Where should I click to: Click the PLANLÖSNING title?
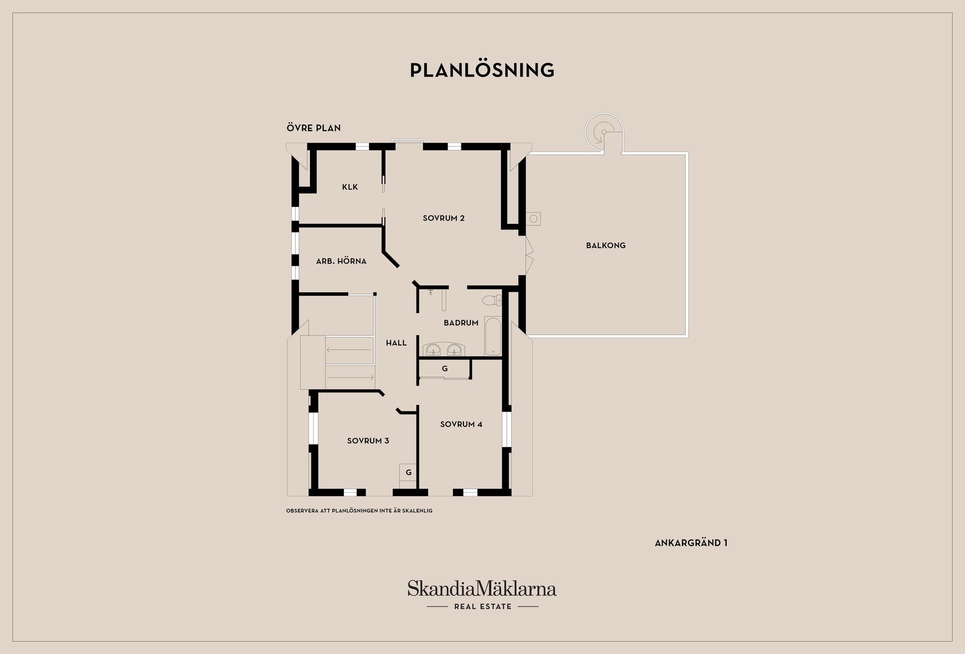(x=482, y=70)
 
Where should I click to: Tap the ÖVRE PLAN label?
(x=314, y=128)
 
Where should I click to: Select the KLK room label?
(x=350, y=187)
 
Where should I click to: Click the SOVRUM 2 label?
(x=443, y=218)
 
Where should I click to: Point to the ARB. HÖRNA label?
(x=341, y=261)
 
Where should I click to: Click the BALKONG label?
(x=606, y=246)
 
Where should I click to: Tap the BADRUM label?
(x=461, y=323)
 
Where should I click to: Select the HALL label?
(x=396, y=343)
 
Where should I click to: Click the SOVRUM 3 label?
(x=368, y=441)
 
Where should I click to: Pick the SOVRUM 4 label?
(x=461, y=424)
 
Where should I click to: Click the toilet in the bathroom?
(x=492, y=300)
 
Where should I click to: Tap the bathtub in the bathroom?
(x=493, y=336)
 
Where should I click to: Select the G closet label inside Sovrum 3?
(x=409, y=473)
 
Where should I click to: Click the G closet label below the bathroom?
(x=444, y=369)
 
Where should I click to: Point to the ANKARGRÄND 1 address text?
(x=691, y=543)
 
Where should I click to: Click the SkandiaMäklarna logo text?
(x=482, y=588)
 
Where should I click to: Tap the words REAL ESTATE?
(x=482, y=607)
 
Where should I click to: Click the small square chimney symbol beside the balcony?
(x=533, y=219)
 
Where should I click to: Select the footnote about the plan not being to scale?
(x=359, y=511)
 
